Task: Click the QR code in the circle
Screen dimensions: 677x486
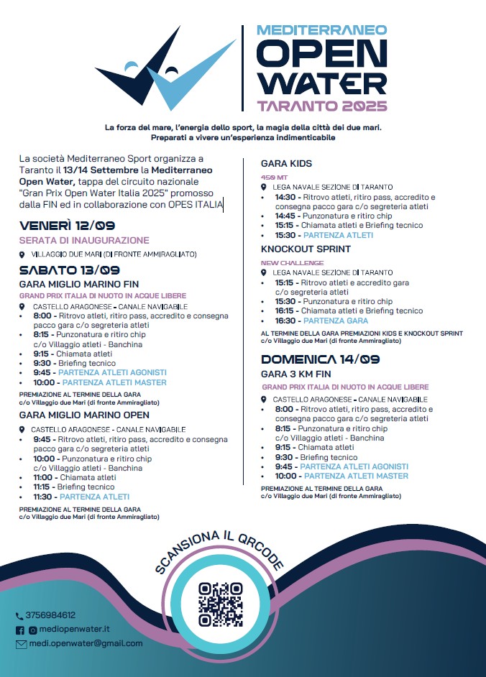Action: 221,604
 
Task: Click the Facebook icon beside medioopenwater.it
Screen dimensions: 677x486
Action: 20,630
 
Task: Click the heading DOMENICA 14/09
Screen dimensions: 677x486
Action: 320,359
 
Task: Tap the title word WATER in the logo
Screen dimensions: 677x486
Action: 322,83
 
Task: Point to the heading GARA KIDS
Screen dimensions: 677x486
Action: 286,164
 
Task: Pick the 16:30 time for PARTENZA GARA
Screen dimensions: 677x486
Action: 285,321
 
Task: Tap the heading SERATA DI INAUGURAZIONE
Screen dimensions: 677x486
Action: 84,240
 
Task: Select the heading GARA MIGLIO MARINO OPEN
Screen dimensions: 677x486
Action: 85,415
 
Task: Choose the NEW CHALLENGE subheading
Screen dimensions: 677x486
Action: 283,263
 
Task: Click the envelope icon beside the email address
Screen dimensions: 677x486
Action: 20,644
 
